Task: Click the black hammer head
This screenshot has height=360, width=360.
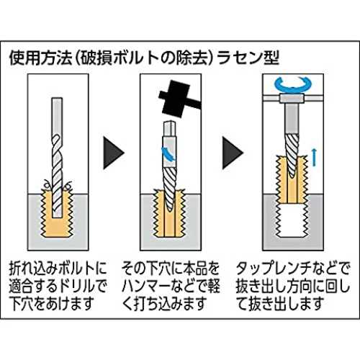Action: (x=175, y=97)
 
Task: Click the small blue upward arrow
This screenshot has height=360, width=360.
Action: (x=314, y=157)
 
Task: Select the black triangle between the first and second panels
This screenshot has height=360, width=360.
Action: (x=113, y=153)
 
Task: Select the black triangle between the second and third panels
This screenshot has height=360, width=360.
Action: (x=233, y=153)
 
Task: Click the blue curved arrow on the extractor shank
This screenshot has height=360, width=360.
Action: (x=168, y=154)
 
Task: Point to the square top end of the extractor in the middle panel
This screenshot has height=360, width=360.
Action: (x=171, y=129)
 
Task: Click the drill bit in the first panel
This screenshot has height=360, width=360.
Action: (x=57, y=158)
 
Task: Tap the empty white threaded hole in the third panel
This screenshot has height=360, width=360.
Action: (x=292, y=220)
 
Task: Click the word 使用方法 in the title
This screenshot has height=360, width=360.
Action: (x=40, y=58)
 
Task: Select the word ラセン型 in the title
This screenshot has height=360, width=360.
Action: (x=248, y=58)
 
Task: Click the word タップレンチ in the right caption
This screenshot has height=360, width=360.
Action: (x=274, y=269)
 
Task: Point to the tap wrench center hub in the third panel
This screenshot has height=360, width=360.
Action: (x=292, y=98)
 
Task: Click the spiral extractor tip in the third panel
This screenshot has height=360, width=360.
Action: (x=292, y=156)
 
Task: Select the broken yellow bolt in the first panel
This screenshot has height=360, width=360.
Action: (x=57, y=211)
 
